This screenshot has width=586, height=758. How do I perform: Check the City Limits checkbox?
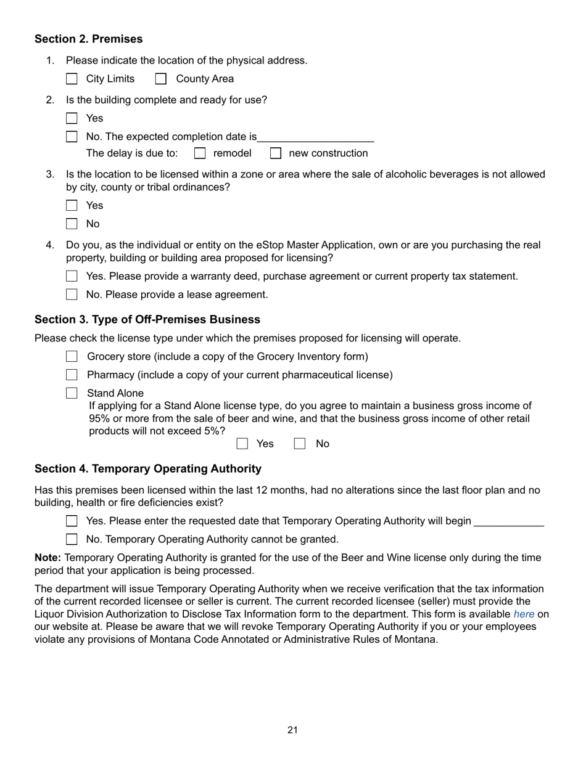coord(72,79)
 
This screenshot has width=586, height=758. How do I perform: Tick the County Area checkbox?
coord(161,79)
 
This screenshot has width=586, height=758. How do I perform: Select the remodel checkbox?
coord(200,153)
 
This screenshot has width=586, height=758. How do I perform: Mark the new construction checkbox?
coord(276,153)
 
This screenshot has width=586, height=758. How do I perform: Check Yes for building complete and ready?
coord(72,118)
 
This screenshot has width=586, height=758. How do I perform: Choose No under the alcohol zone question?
coord(72,224)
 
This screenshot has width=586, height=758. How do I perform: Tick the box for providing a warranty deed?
coord(72,276)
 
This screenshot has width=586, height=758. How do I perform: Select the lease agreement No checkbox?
coord(72,295)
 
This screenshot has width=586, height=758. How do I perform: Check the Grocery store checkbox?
coord(72,357)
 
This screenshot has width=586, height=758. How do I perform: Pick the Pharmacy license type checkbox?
coord(72,375)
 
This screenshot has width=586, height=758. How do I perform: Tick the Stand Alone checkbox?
coord(72,393)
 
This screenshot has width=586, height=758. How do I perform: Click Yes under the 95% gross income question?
coord(242,444)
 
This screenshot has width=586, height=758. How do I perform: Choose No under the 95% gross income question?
coord(300,444)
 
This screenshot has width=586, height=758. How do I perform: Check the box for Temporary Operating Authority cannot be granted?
coord(72,540)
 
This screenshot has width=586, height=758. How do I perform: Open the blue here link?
coord(524,614)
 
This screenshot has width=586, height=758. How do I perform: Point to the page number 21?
coord(292,730)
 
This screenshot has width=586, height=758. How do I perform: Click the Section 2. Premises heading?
coord(88,39)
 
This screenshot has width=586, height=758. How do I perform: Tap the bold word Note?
coord(47,558)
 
